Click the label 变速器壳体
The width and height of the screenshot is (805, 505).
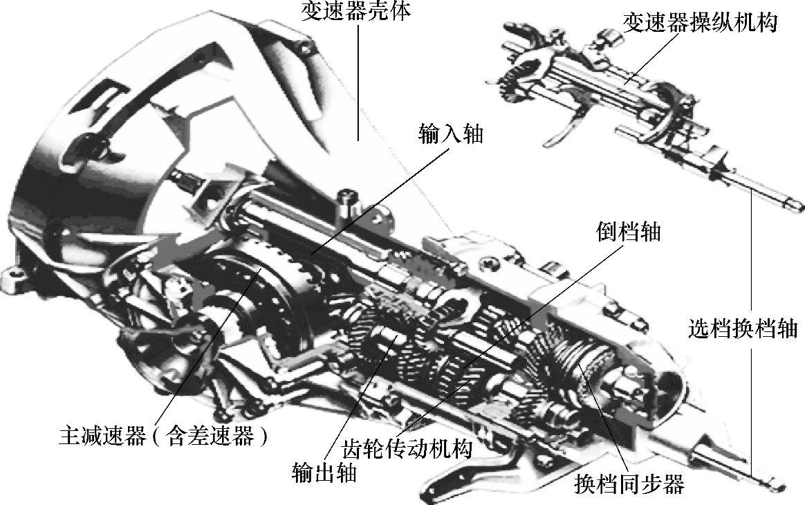click(355, 11)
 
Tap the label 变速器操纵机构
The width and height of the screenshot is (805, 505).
click(701, 23)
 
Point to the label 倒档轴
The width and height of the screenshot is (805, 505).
click(628, 232)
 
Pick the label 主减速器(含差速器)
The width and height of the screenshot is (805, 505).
click(164, 436)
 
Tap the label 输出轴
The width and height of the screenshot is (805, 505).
click(324, 472)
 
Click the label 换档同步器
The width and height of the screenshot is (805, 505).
click(629, 484)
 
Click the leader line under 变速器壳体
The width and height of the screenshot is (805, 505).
click(358, 82)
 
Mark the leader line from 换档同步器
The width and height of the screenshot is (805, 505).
click(604, 418)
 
